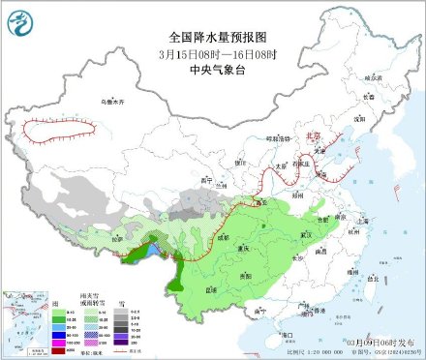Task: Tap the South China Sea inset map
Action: point(396,310)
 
